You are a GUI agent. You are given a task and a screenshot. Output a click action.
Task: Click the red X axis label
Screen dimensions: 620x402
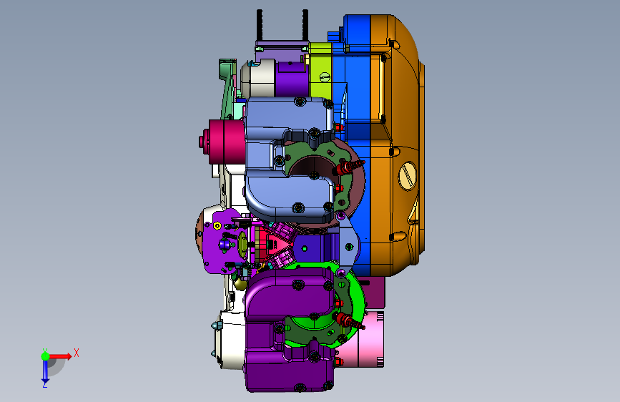pos(77,353)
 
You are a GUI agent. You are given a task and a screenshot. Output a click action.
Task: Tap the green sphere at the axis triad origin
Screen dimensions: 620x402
pos(45,356)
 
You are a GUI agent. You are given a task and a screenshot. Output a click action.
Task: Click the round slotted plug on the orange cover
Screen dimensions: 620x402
pos(408,175)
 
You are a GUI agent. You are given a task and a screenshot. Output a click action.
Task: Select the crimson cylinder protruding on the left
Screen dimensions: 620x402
pos(222,142)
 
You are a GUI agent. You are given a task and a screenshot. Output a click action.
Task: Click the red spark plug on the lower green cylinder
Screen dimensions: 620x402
pos(349,320)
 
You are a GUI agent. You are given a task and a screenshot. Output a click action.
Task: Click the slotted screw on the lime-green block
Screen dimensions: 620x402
pos(324,77)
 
